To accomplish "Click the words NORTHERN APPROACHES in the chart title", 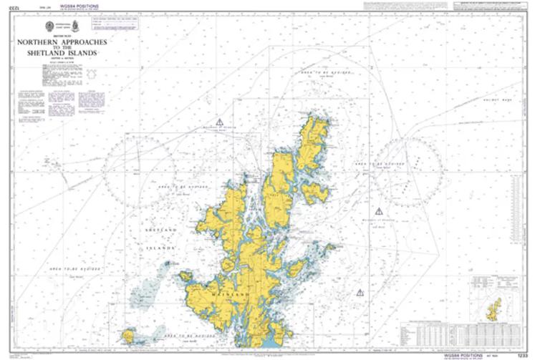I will (77, 42).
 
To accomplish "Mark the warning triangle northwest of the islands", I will (220, 122).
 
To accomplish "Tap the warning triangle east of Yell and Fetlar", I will (379, 210).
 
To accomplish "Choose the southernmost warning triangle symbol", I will (360, 292).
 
